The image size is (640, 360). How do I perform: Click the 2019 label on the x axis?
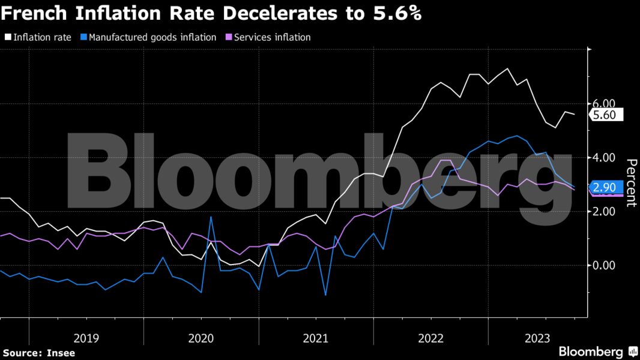click(x=86, y=338)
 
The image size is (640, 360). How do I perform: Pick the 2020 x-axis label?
click(x=201, y=338)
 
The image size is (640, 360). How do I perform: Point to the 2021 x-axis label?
click(x=316, y=338)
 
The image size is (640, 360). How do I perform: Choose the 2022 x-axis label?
click(x=430, y=338)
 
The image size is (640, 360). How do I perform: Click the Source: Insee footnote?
click(x=39, y=353)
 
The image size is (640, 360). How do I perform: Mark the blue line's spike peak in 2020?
click(x=211, y=217)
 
